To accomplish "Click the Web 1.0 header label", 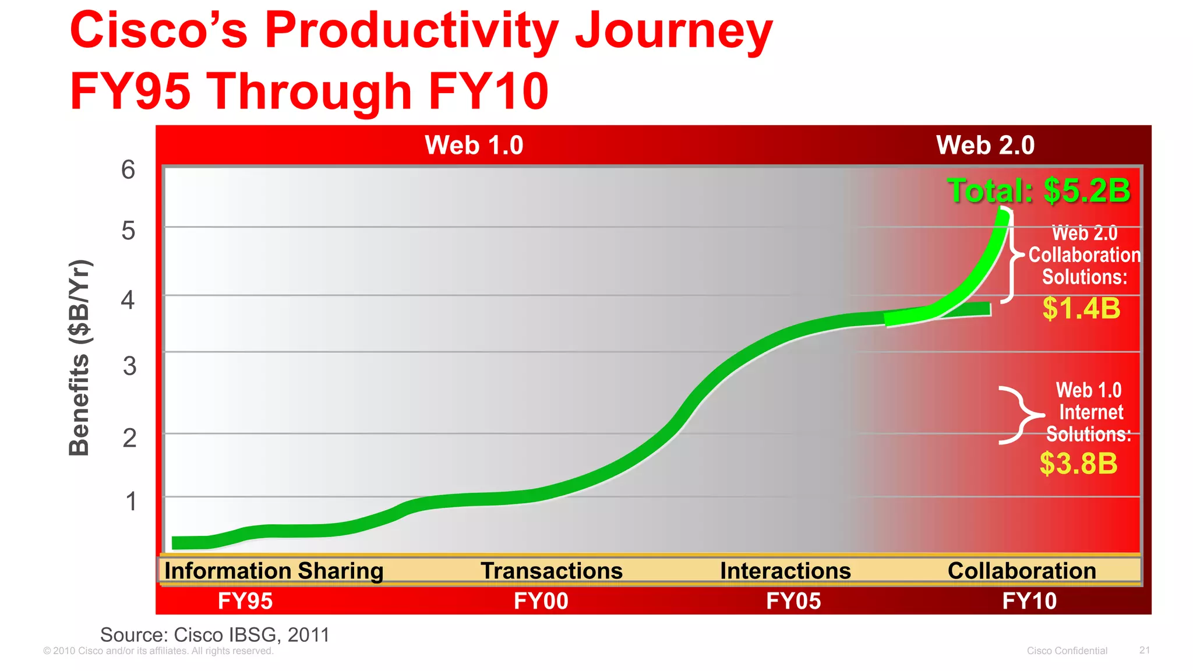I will (x=474, y=145).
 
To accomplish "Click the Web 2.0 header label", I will (x=985, y=145).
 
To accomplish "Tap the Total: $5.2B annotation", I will (x=1039, y=190).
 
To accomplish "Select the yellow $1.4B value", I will (x=1081, y=308).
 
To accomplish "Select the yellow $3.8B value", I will (x=1078, y=464).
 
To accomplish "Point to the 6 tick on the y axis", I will (x=128, y=170).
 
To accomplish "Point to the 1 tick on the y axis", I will (x=131, y=502).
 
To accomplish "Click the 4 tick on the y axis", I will (x=128, y=300).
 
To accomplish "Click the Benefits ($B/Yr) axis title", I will (x=79, y=358).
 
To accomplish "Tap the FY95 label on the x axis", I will (x=245, y=601).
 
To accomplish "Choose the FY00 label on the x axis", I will (x=541, y=601).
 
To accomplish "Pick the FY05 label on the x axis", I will (x=793, y=601).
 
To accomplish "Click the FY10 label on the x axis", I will (x=1029, y=601).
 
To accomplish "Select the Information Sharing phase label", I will (x=274, y=571).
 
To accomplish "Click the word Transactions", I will (x=551, y=571).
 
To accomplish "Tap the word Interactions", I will (x=785, y=571).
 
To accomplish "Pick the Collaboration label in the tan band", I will (x=1022, y=571).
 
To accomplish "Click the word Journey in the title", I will (x=673, y=32).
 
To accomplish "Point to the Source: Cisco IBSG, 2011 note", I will (x=215, y=634).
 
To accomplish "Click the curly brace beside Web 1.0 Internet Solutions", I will (x=1021, y=415).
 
